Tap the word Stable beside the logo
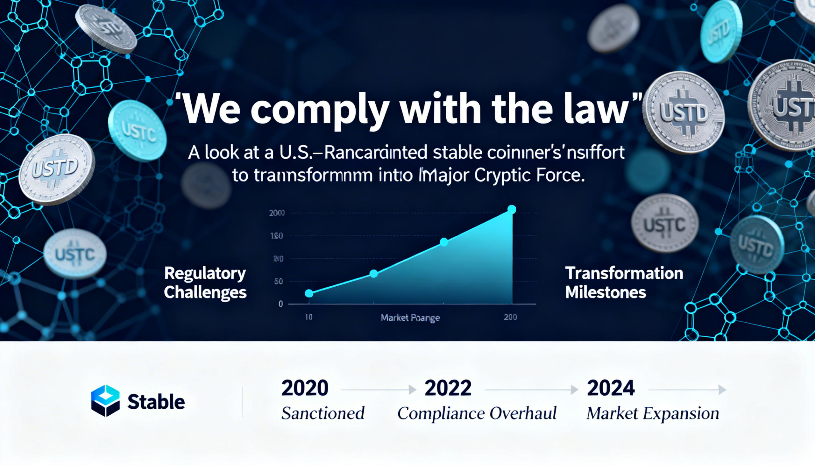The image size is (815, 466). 156,402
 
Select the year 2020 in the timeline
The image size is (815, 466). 304,388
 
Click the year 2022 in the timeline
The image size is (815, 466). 448,388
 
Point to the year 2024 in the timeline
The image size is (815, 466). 611,388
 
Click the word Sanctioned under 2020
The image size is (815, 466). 323,413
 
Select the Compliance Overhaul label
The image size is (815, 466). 477,413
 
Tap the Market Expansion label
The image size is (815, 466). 653,413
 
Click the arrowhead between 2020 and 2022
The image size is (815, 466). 413,390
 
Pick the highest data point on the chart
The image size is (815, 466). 512,209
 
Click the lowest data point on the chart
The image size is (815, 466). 309,293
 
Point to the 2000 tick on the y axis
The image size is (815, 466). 277,213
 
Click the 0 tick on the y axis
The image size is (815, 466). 280,304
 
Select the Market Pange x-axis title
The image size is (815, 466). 410,318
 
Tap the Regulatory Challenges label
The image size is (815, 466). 205,283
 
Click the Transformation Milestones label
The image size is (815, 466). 624,283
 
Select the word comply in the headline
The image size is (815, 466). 320,112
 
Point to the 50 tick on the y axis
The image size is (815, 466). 279,281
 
